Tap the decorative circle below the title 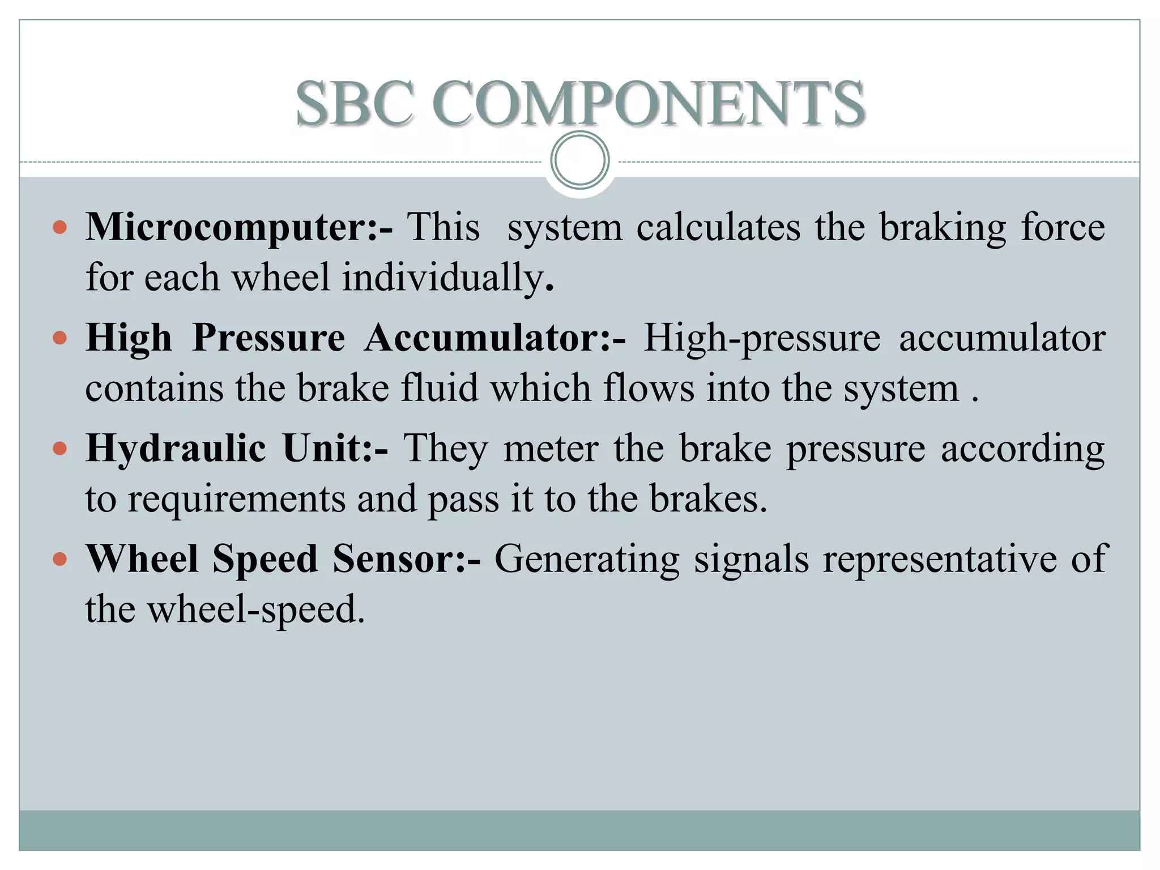pyautogui.click(x=579, y=160)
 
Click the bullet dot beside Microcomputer pyautogui.click(x=59, y=228)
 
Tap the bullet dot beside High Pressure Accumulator pyautogui.click(x=59, y=339)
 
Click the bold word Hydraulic pyautogui.click(x=176, y=449)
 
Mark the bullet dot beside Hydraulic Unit pyautogui.click(x=59, y=449)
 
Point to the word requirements pyautogui.click(x=236, y=500)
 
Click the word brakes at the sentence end pyautogui.click(x=707, y=500)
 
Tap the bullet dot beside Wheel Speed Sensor pyautogui.click(x=59, y=560)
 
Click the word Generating pyautogui.click(x=587, y=560)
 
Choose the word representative pyautogui.click(x=940, y=560)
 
